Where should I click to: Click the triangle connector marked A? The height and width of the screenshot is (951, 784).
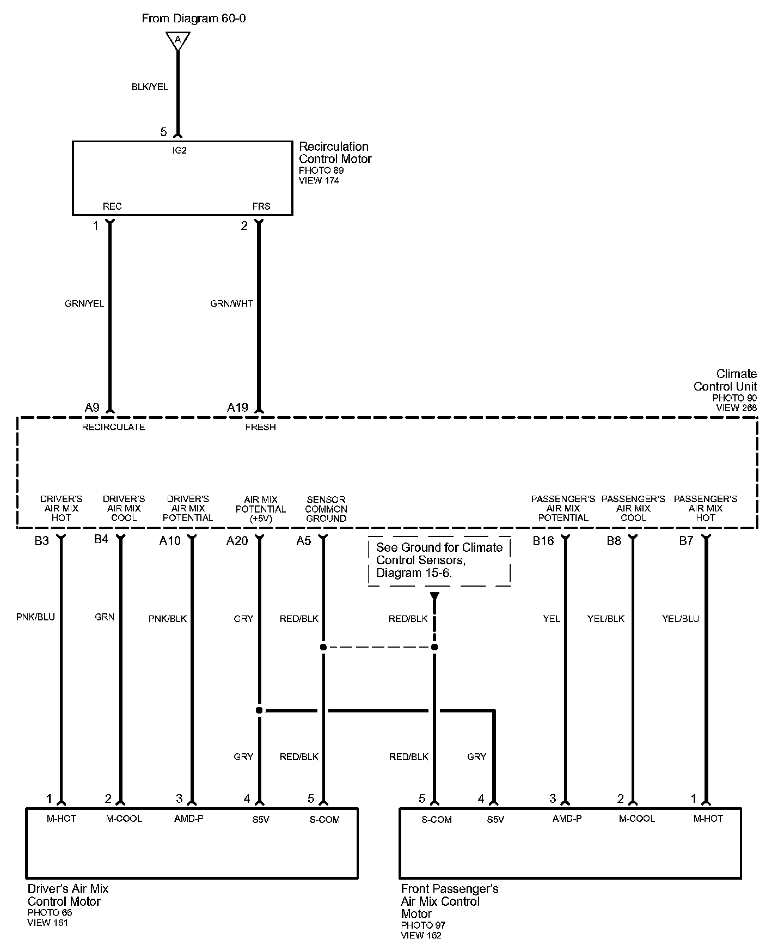[177, 40]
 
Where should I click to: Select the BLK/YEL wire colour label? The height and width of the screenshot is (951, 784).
[150, 87]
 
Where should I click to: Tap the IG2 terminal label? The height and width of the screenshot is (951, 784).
[179, 150]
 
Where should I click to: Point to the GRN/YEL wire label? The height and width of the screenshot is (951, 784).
[84, 303]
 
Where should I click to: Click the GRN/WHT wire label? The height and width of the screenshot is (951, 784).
[231, 303]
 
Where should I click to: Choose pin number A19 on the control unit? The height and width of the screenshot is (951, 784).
[237, 407]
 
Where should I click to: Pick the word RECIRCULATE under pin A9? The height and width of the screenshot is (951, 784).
[113, 427]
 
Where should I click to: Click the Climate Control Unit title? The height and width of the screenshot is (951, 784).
[725, 380]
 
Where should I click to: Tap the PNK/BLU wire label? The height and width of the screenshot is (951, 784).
[35, 617]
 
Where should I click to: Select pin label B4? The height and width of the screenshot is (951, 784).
[101, 539]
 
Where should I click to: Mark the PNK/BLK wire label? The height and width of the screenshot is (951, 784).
[167, 619]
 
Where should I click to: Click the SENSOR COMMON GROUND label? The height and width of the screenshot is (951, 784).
[326, 509]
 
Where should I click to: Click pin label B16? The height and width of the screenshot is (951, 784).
[543, 540]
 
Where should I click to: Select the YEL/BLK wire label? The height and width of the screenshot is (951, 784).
[605, 619]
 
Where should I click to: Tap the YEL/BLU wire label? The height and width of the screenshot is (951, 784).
[680, 619]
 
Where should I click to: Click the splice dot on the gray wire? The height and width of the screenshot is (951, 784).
[259, 710]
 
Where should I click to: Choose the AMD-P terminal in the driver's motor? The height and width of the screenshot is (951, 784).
[188, 819]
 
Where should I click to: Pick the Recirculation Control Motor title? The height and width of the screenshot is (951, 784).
[335, 153]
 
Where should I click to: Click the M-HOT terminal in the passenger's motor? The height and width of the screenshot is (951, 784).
[708, 819]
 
